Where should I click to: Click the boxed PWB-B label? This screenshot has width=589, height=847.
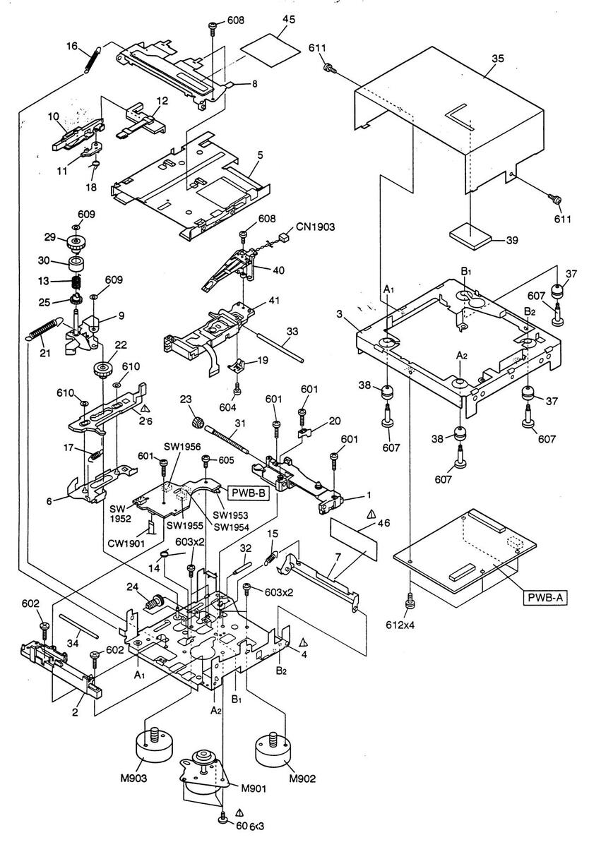pyautogui.click(x=247, y=493)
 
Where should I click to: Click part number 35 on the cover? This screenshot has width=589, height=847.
pyautogui.click(x=497, y=60)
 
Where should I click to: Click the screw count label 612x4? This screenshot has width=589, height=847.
pyautogui.click(x=410, y=626)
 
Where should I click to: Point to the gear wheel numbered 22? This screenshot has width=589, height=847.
pyautogui.click(x=104, y=370)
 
